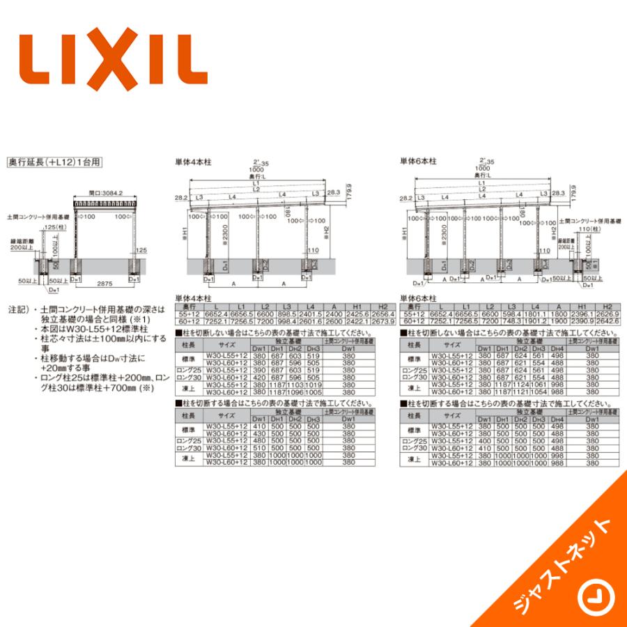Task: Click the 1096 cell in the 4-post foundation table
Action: coord(295,391)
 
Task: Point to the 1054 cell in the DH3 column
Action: coord(539,391)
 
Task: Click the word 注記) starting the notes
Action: coord(16,307)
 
